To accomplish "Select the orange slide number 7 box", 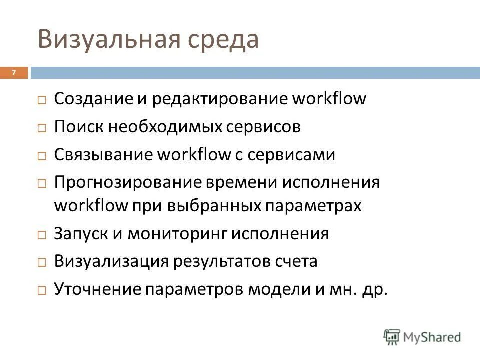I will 14,73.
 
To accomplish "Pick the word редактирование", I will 220,99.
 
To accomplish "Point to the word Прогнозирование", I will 127,182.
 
